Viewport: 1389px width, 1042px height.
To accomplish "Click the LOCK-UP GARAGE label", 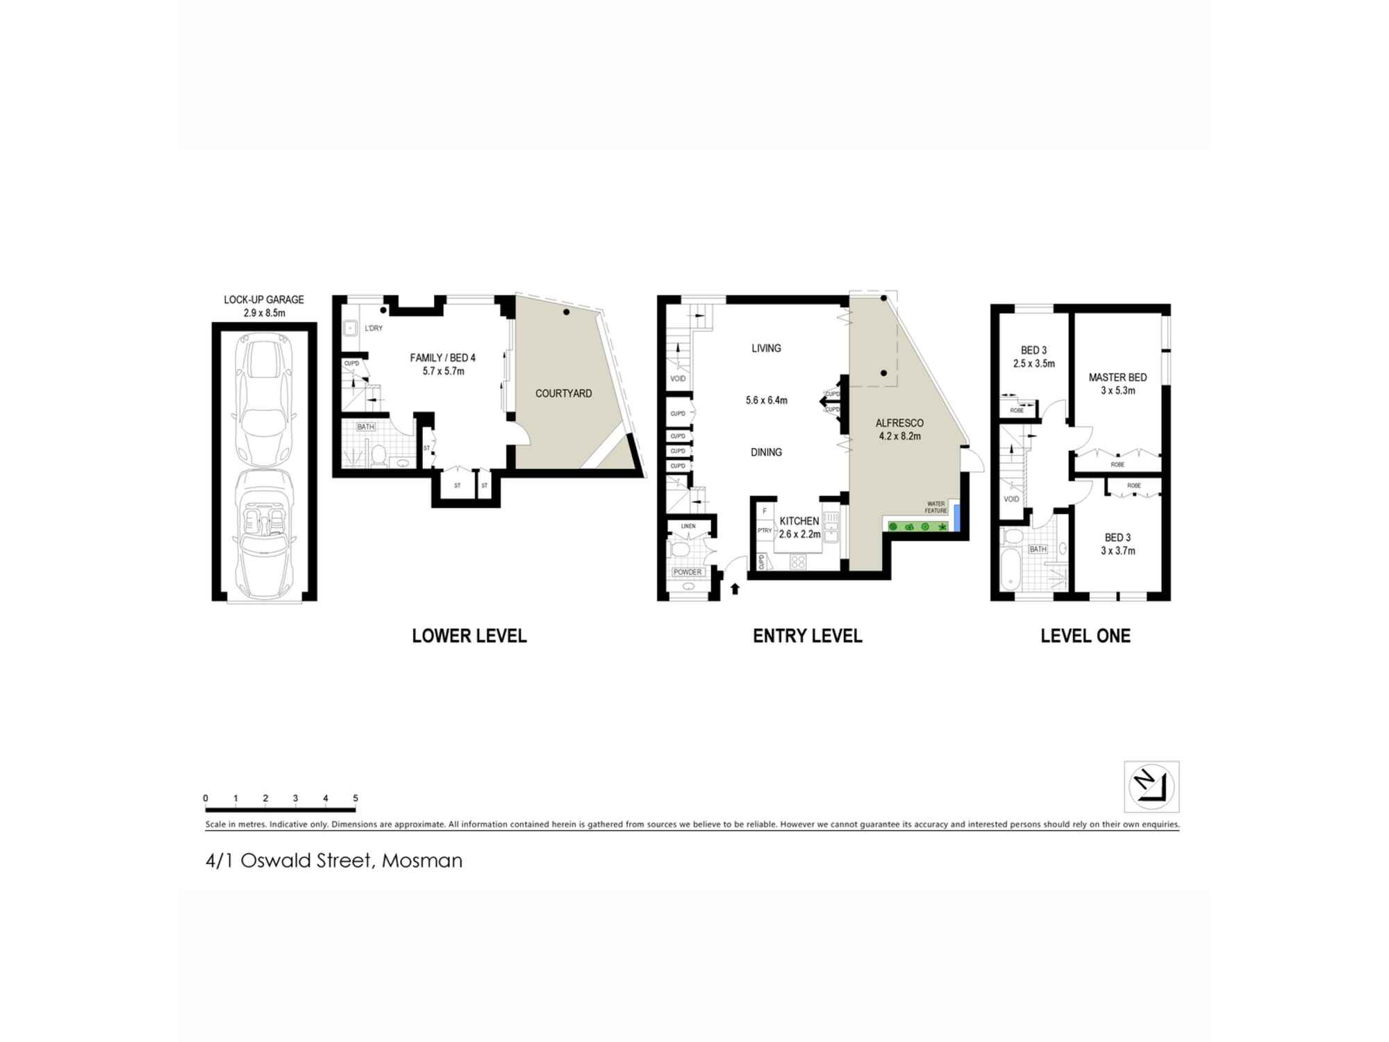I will pos(264,299).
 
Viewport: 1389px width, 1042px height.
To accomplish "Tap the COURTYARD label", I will pos(563,393).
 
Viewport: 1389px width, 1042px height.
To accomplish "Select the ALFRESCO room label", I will pos(899,423).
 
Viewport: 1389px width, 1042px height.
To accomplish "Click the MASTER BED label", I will pos(1117,377).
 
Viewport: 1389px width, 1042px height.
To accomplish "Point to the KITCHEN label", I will pos(799,521).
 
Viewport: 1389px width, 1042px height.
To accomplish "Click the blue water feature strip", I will pos(956,518).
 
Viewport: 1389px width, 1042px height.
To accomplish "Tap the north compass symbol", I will pos(1151,786).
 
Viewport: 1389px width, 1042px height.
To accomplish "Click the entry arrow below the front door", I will pos(735,589).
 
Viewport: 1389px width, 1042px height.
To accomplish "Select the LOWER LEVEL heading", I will pos(469,636).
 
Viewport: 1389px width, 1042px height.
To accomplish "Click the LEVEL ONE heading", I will pos(1086,636).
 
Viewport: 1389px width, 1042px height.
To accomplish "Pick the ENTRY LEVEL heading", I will pos(808,636).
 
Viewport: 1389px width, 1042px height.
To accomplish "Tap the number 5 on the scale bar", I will pos(356,798).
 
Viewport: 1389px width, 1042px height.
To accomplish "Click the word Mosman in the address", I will pos(422,861).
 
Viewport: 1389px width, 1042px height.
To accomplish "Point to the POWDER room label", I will pos(688,572).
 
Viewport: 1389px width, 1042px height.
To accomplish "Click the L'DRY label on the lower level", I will pos(373,328).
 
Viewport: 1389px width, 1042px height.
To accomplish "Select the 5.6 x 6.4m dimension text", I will pos(767,400).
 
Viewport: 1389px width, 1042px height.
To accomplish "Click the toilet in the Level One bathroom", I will pos(1012,536).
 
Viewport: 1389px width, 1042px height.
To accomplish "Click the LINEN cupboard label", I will pos(688,526).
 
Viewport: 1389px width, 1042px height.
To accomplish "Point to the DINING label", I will pos(766,452).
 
